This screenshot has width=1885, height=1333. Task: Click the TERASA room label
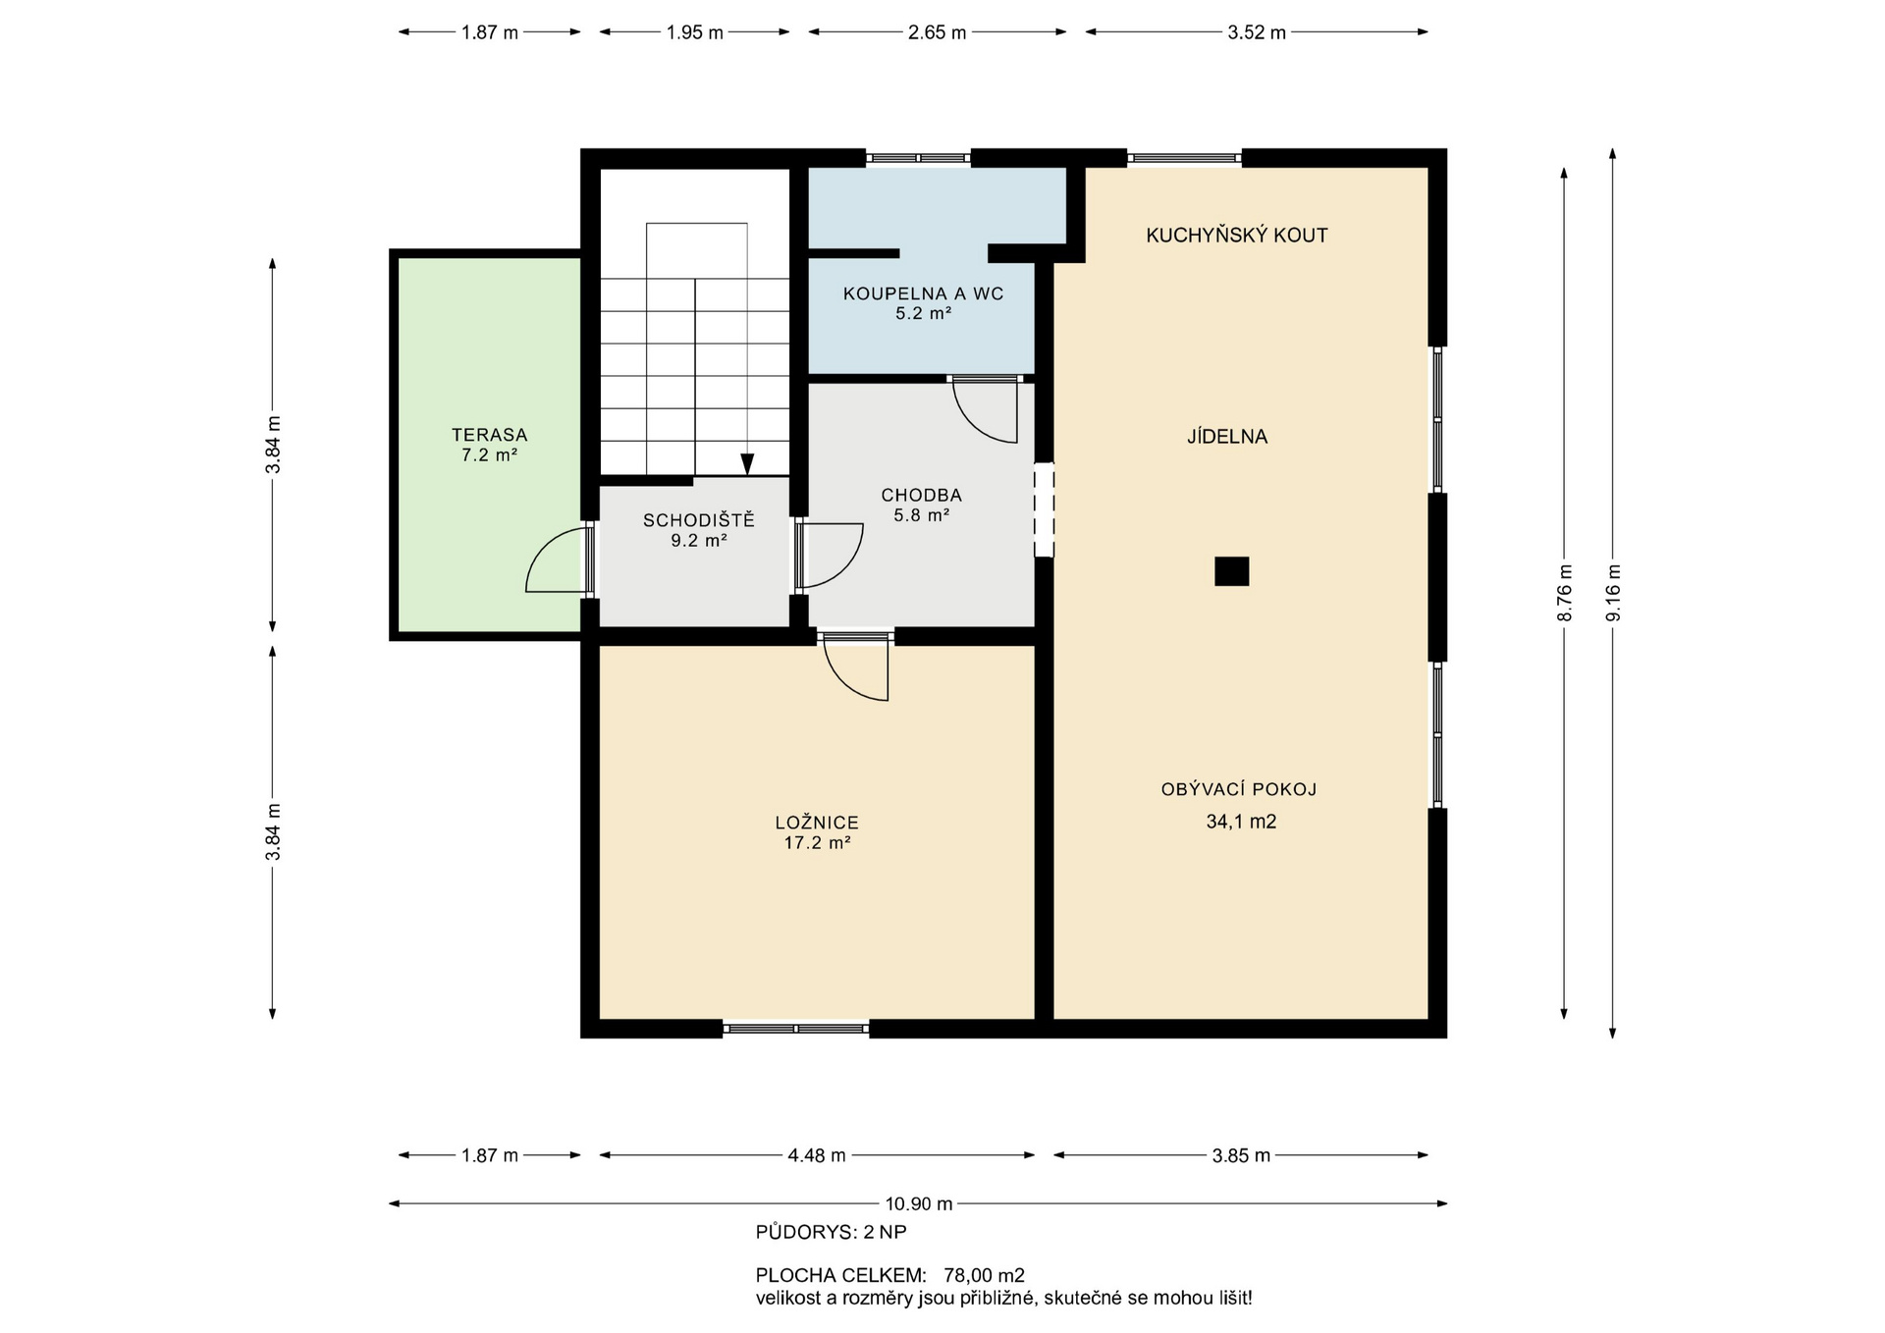point(489,435)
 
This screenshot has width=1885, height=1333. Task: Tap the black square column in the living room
point(1231,571)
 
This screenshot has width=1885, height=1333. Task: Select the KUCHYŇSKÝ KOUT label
point(1237,236)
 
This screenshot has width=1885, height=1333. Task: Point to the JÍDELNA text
point(1227,437)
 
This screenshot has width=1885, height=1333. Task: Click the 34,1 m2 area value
point(1241,822)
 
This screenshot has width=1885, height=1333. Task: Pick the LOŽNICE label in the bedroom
point(817,823)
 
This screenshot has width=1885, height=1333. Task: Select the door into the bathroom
point(986,410)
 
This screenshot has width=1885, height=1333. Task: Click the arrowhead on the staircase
point(747,464)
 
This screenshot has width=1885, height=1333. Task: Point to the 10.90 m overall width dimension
point(919,1203)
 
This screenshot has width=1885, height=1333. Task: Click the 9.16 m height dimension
point(1612,593)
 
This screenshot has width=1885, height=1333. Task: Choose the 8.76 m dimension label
point(1565,593)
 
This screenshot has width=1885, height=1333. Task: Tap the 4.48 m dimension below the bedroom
point(817,1155)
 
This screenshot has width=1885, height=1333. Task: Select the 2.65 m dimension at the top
point(938,32)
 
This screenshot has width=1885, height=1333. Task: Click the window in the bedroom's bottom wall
point(796,1029)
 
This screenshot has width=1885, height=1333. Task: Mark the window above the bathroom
point(918,157)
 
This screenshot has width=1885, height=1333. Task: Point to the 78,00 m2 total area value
point(984,1276)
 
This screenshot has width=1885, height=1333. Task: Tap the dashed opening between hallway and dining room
point(1044,510)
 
